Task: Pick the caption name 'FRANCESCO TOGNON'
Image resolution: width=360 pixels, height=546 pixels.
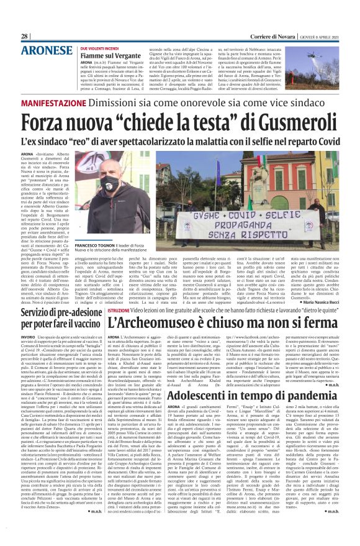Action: click(96, 245)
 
